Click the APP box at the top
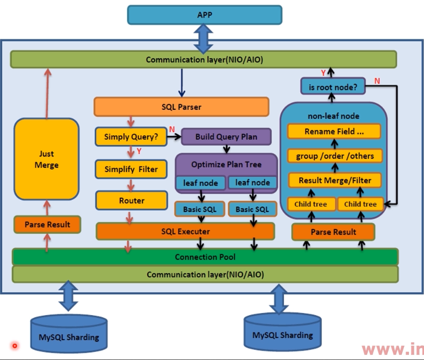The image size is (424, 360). click(204, 15)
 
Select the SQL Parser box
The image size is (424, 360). click(181, 107)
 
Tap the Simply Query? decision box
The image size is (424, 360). click(131, 137)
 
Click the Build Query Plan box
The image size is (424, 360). click(226, 137)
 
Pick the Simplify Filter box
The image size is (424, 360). click(131, 169)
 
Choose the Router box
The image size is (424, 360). click(131, 200)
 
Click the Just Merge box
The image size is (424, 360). click(46, 159)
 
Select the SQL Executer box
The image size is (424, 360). click(185, 231)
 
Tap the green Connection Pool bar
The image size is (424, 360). click(205, 257)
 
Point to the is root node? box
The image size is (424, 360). click(333, 87)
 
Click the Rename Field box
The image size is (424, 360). click(334, 132)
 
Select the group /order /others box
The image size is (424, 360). click(335, 156)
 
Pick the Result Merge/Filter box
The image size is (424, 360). click(335, 181)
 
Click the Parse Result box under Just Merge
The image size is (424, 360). click(47, 225)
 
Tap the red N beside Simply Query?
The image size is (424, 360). click(172, 129)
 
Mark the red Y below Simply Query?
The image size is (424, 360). click(139, 151)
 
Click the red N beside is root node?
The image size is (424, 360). click(377, 81)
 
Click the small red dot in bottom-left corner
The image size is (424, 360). click(15, 345)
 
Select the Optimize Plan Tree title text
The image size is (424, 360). click(226, 164)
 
